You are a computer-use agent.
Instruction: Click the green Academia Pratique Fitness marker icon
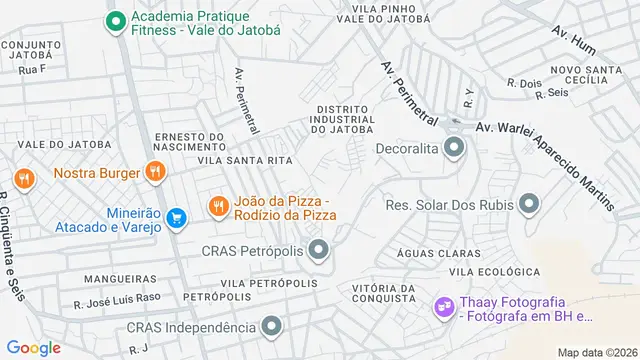click(x=115, y=19)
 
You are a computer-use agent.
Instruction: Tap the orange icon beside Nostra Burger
click(x=154, y=171)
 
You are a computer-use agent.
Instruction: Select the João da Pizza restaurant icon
click(x=217, y=206)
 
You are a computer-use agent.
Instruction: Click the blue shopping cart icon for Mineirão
click(x=176, y=217)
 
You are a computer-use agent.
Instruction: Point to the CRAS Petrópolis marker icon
click(x=318, y=249)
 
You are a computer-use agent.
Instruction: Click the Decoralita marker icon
click(x=455, y=149)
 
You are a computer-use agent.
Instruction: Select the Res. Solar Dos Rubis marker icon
click(x=529, y=205)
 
